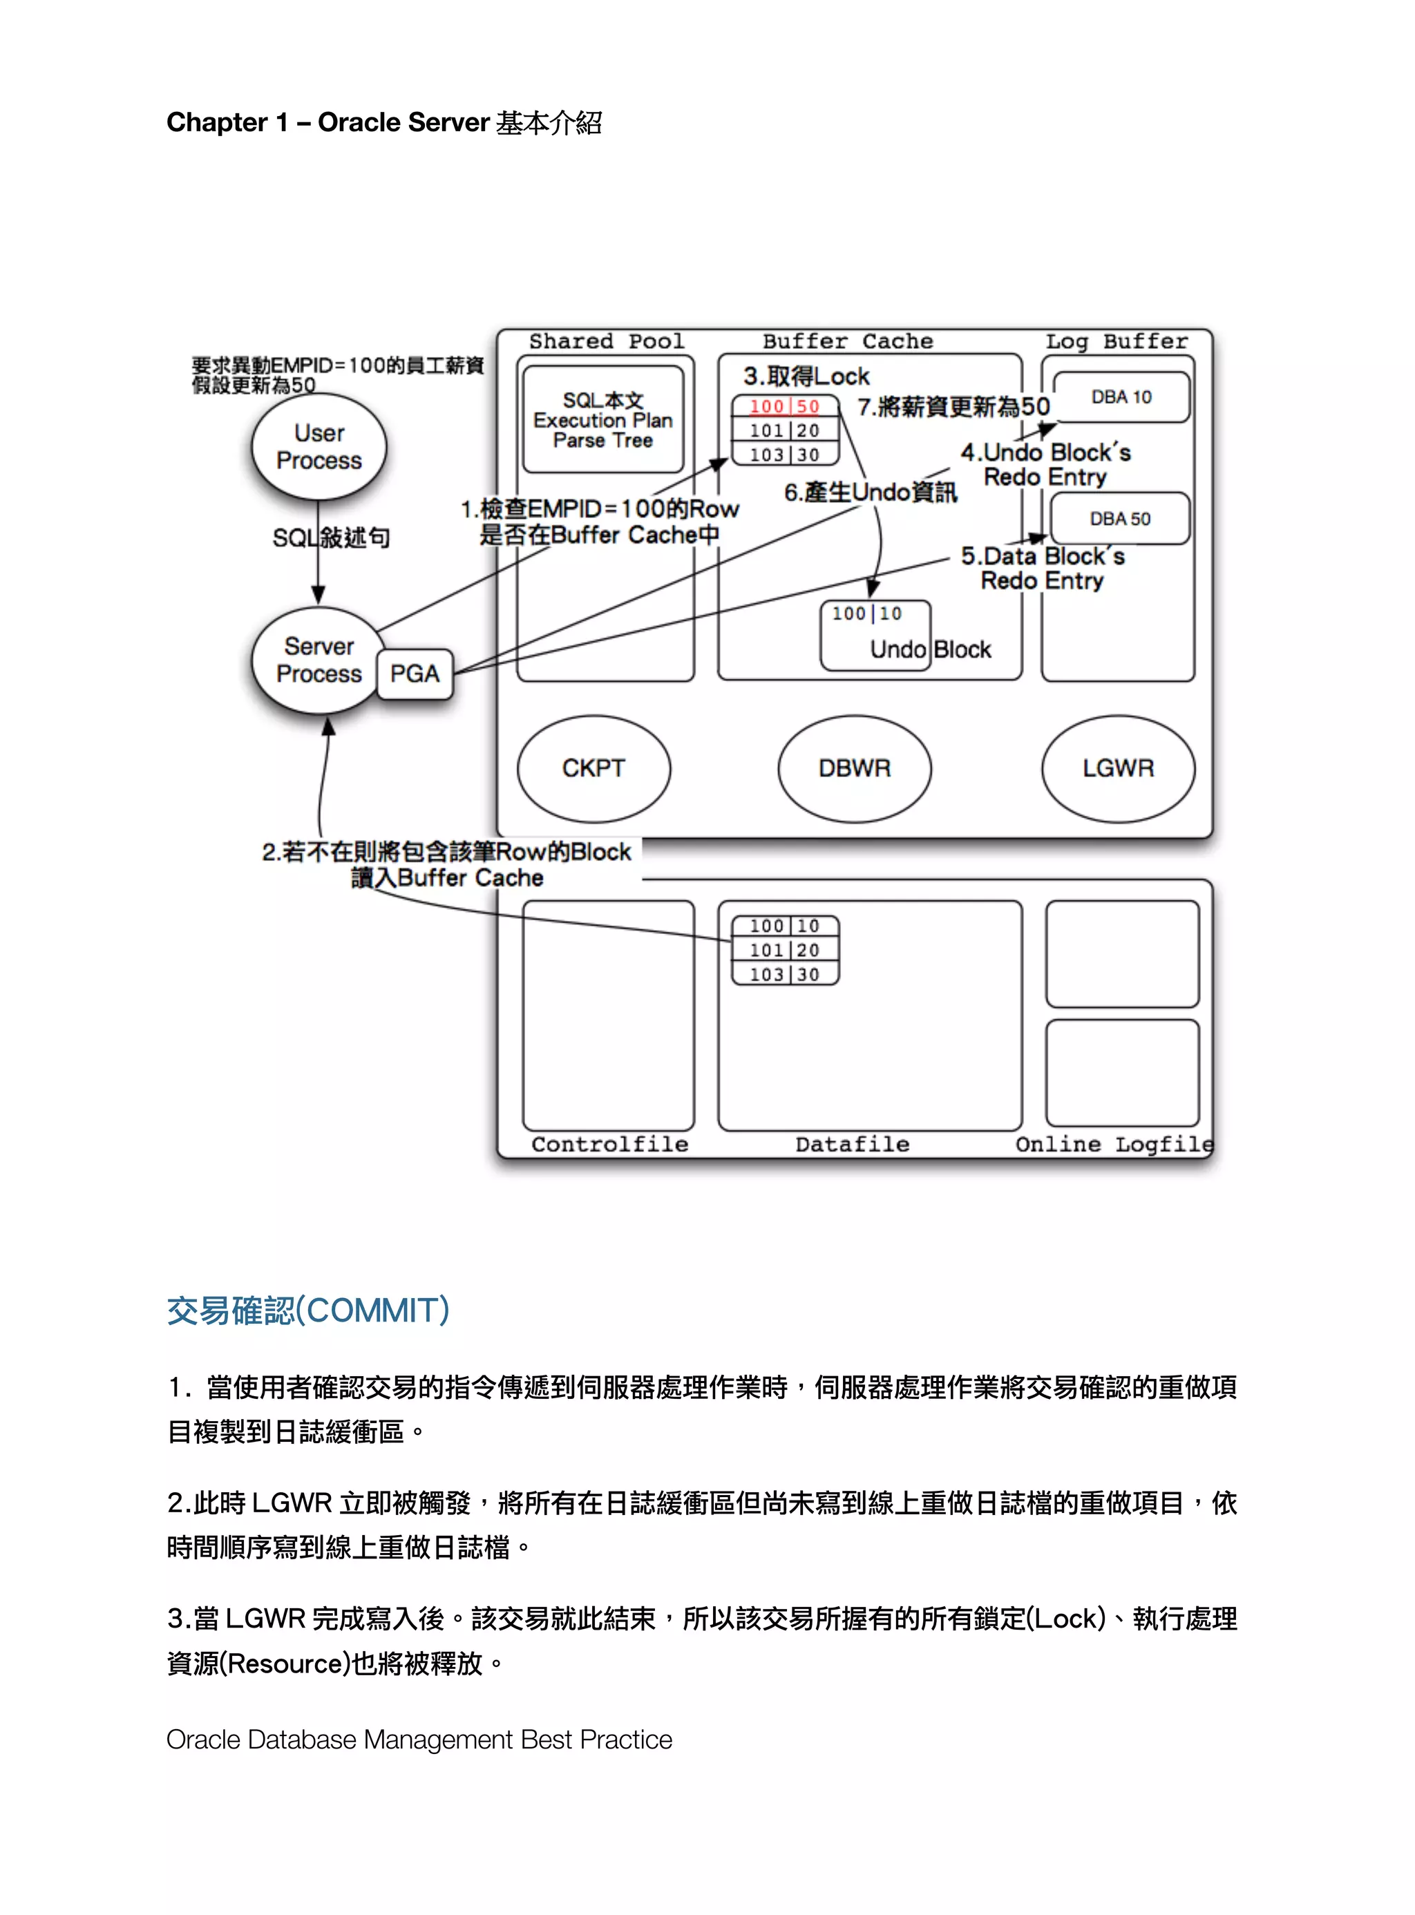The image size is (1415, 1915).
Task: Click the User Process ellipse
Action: coord(319,446)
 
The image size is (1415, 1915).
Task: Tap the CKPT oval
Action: coord(593,768)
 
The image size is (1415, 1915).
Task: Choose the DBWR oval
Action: coord(854,768)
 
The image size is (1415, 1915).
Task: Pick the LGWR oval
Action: coord(1118,768)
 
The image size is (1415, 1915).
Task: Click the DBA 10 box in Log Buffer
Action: coord(1121,397)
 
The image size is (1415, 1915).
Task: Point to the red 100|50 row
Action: coord(785,407)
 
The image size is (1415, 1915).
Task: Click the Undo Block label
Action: coord(930,649)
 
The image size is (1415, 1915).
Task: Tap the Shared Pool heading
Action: coord(607,341)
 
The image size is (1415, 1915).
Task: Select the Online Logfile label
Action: coord(1114,1144)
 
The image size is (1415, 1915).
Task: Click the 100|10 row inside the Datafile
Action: coord(785,926)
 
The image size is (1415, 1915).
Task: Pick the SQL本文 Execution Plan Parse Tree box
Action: coord(603,419)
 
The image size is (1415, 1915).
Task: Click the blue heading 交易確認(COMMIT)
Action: coord(307,1311)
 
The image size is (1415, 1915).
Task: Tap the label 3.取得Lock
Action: coord(806,376)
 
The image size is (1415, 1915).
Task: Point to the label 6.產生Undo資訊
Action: coord(871,493)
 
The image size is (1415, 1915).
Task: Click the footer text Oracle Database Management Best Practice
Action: coord(419,1740)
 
